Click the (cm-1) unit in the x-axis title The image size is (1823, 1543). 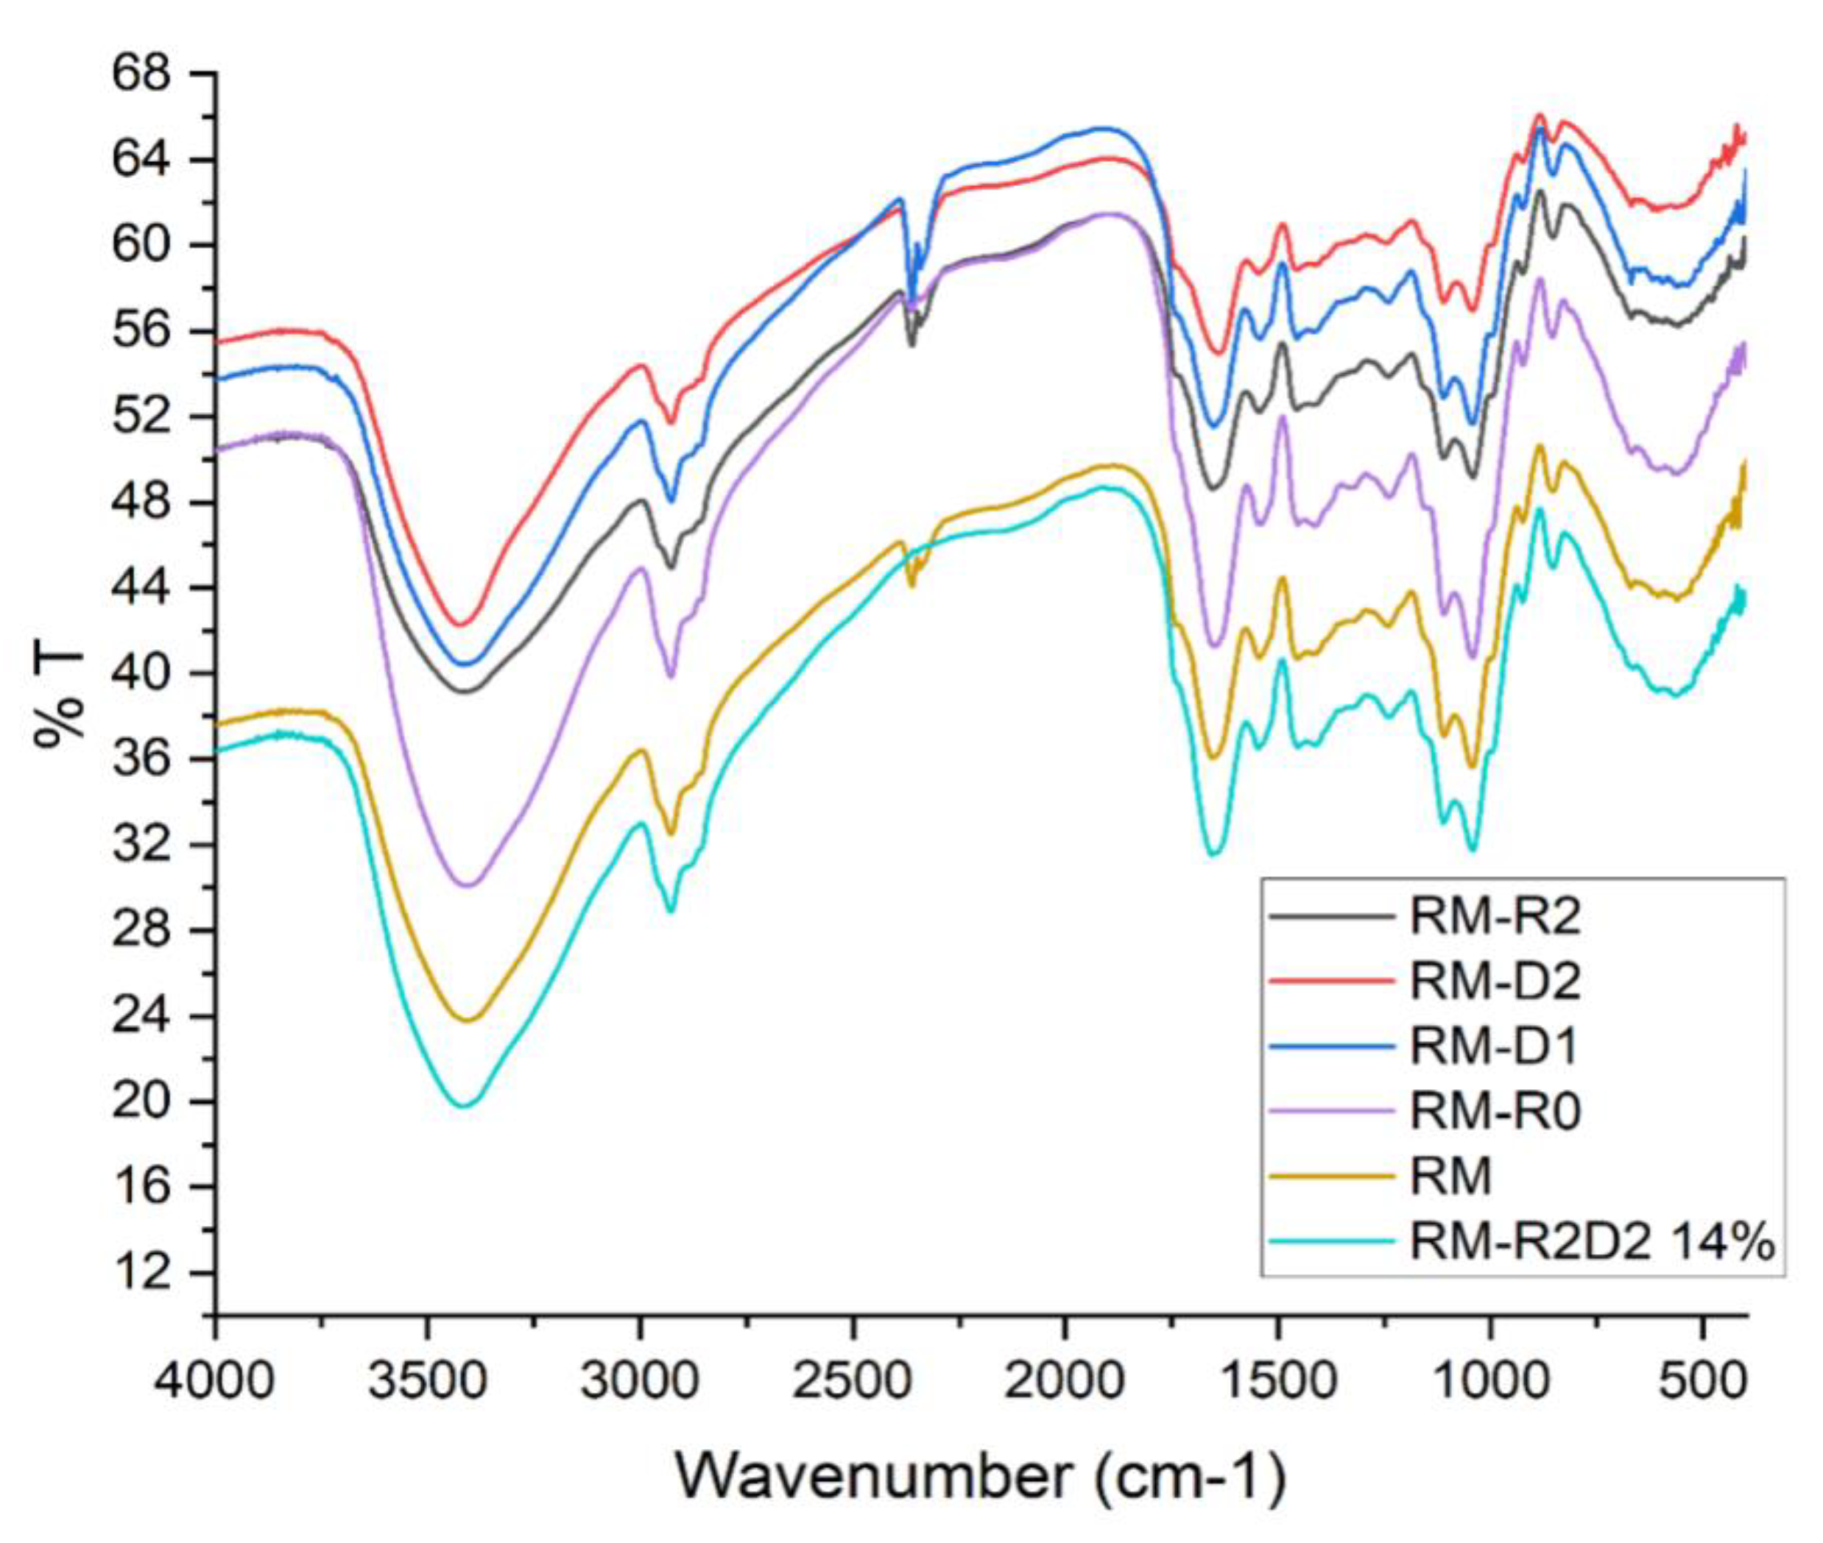pos(1191,1478)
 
